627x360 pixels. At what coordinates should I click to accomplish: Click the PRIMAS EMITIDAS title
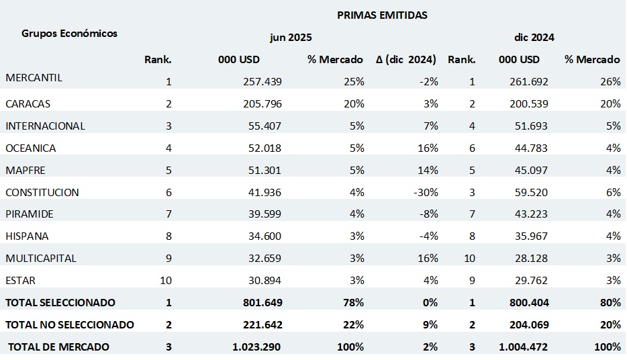382,15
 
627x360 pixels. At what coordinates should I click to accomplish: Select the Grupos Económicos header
69,33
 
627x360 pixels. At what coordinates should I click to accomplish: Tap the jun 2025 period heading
291,38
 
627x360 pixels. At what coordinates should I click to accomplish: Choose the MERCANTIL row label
34,78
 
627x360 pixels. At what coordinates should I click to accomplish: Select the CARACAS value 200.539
524,104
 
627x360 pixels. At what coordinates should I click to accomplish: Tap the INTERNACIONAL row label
45,126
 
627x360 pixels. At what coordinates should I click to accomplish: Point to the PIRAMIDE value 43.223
524,214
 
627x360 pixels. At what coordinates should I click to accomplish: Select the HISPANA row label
27,236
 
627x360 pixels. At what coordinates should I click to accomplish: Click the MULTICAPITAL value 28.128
524,258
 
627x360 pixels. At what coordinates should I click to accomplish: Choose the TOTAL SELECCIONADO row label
60,303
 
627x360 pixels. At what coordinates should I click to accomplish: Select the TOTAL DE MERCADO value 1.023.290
257,347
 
